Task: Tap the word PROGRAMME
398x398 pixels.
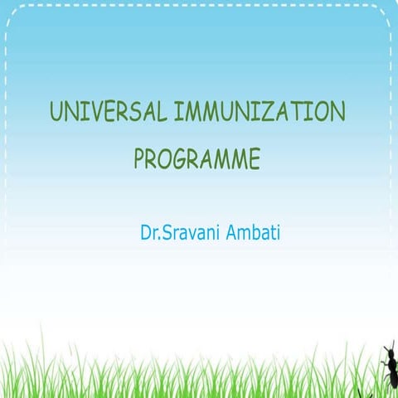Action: point(197,158)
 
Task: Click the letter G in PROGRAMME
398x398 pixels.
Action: point(180,158)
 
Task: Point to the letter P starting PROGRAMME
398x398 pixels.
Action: point(139,158)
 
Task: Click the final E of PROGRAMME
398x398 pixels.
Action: point(253,158)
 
